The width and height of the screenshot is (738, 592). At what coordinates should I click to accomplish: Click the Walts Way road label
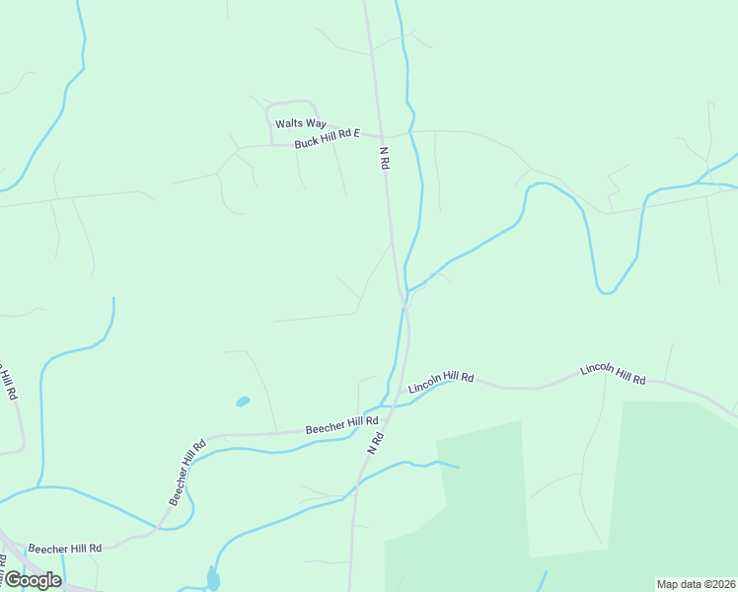tap(300, 123)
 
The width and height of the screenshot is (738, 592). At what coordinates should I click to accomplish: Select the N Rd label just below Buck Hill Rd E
tap(385, 158)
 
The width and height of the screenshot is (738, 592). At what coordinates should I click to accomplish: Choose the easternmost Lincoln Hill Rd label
tap(613, 374)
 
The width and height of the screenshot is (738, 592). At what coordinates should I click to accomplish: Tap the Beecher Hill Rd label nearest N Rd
tap(341, 425)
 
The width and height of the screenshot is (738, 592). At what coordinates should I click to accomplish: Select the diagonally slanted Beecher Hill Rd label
tap(185, 473)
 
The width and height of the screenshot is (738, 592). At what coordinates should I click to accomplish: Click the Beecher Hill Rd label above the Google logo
tap(65, 548)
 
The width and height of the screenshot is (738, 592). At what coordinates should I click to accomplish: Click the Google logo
tap(33, 580)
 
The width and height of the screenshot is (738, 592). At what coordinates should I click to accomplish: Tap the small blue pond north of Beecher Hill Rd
tap(243, 402)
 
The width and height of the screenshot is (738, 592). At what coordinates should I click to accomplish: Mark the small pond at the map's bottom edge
tap(213, 580)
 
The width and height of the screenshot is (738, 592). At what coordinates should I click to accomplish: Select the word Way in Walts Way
tap(315, 123)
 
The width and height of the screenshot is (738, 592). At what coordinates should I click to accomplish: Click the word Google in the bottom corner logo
tap(33, 580)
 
